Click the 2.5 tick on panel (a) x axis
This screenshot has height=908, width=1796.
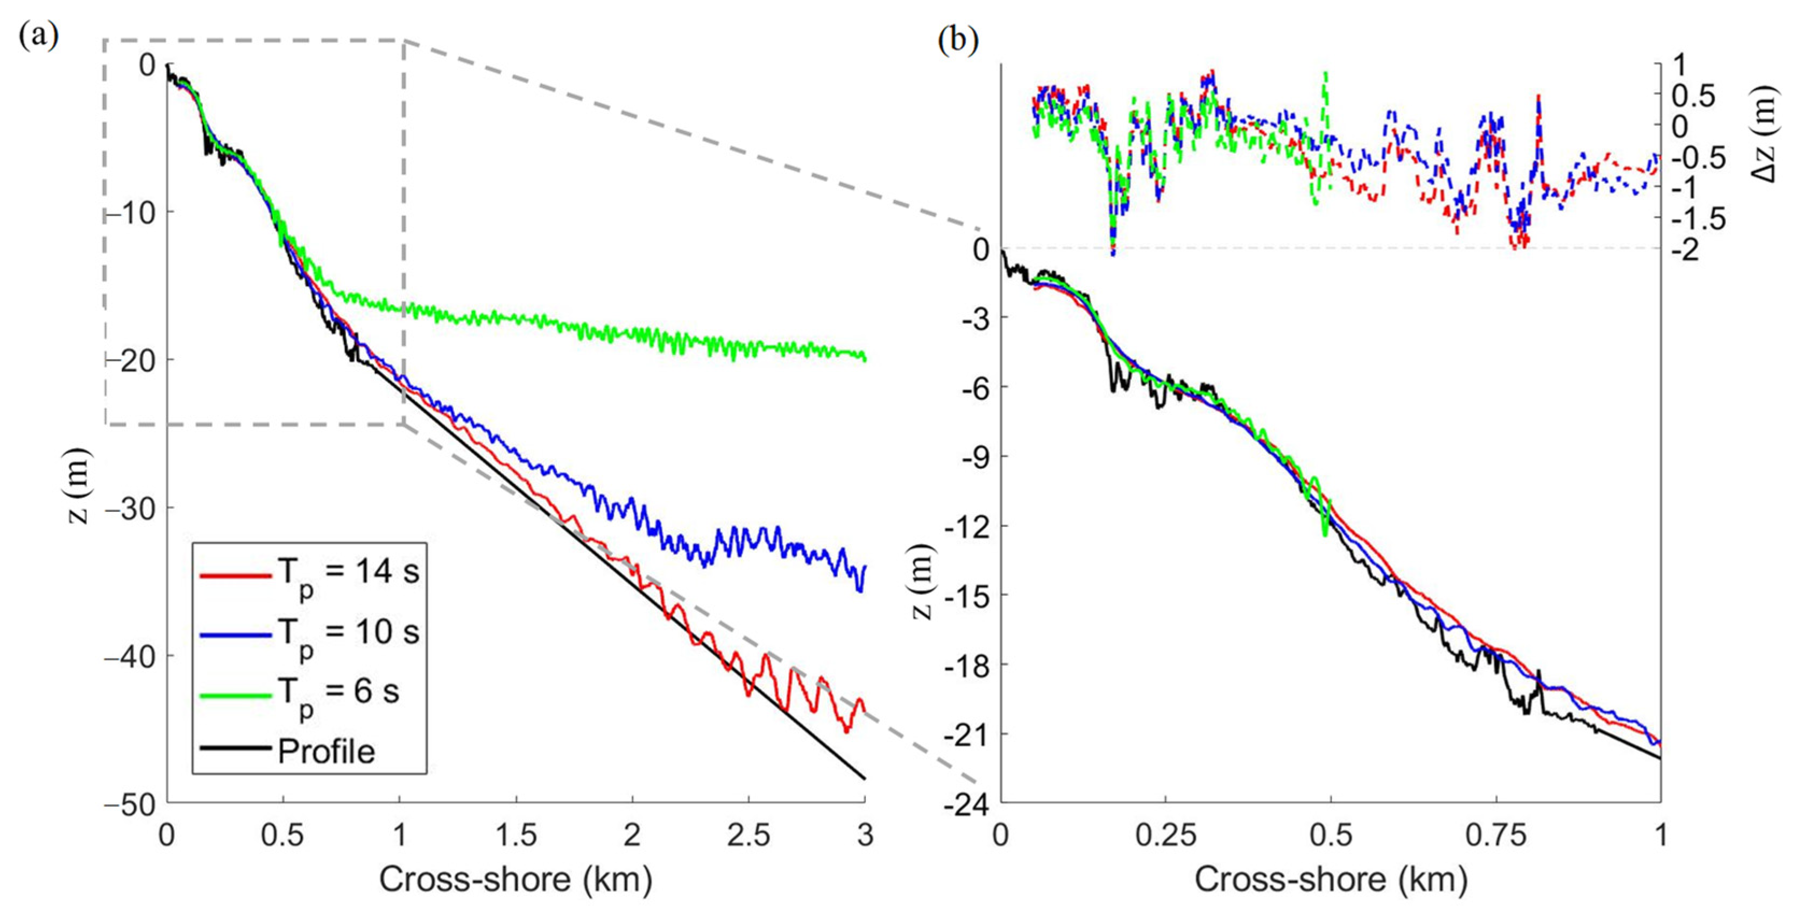[749, 835]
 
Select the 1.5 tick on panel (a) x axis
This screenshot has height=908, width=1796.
[516, 835]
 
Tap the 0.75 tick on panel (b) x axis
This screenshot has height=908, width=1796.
[1496, 835]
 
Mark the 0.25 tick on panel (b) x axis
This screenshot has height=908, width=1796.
[1166, 835]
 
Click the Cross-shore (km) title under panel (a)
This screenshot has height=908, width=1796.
[516, 880]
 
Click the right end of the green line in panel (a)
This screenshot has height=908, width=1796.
[865, 358]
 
